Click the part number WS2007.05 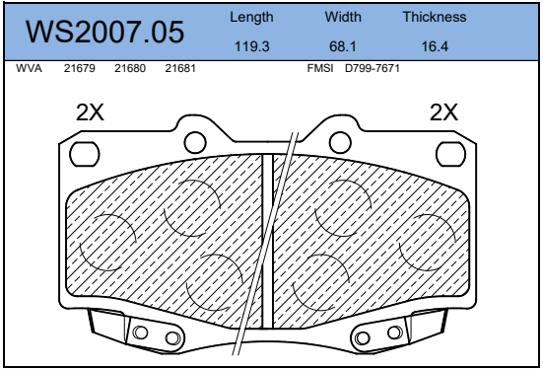pyautogui.click(x=105, y=32)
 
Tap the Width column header pyautogui.click(x=343, y=18)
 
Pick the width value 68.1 pyautogui.click(x=343, y=46)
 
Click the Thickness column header pyautogui.click(x=435, y=18)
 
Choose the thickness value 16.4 pyautogui.click(x=435, y=46)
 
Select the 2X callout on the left pyautogui.click(x=91, y=112)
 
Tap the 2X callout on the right pyautogui.click(x=444, y=112)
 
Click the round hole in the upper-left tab pyautogui.click(x=195, y=139)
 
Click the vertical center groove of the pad pyautogui.click(x=267, y=242)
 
